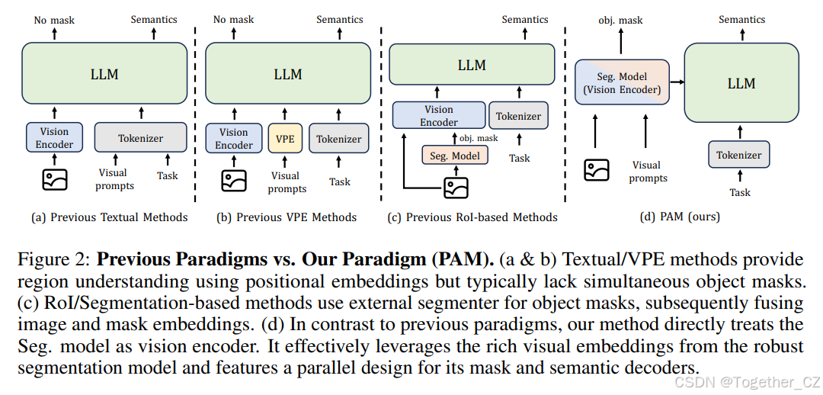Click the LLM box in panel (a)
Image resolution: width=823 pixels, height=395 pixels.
[104, 74]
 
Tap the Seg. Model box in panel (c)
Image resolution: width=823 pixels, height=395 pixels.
[454, 156]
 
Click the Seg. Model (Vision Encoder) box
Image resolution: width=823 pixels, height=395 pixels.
[622, 83]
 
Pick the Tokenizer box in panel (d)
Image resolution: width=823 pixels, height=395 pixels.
[738, 155]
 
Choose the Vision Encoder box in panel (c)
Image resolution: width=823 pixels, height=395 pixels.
[439, 116]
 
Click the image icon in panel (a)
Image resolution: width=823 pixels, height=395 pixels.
[55, 179]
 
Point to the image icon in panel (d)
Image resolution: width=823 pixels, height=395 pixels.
[596, 169]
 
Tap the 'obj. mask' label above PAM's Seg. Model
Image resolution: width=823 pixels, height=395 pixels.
[620, 20]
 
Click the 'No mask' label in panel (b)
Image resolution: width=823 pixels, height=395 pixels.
[233, 20]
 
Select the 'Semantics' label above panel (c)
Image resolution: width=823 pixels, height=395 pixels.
[524, 20]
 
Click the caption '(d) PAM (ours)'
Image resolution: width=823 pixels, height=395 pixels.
[681, 217]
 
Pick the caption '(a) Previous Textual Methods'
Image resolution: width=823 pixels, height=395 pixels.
[109, 217]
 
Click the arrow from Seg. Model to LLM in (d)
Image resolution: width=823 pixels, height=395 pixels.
[676, 83]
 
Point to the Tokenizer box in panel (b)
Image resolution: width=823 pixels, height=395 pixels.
[339, 140]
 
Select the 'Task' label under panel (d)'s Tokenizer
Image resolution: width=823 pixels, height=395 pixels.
[739, 192]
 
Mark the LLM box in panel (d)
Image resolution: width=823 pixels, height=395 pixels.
[741, 83]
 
